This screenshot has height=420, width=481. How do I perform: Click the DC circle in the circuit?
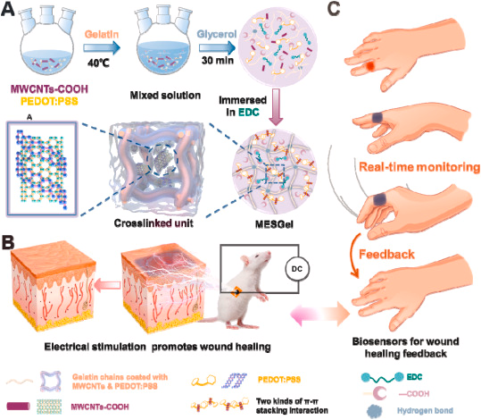[x=295, y=266]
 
